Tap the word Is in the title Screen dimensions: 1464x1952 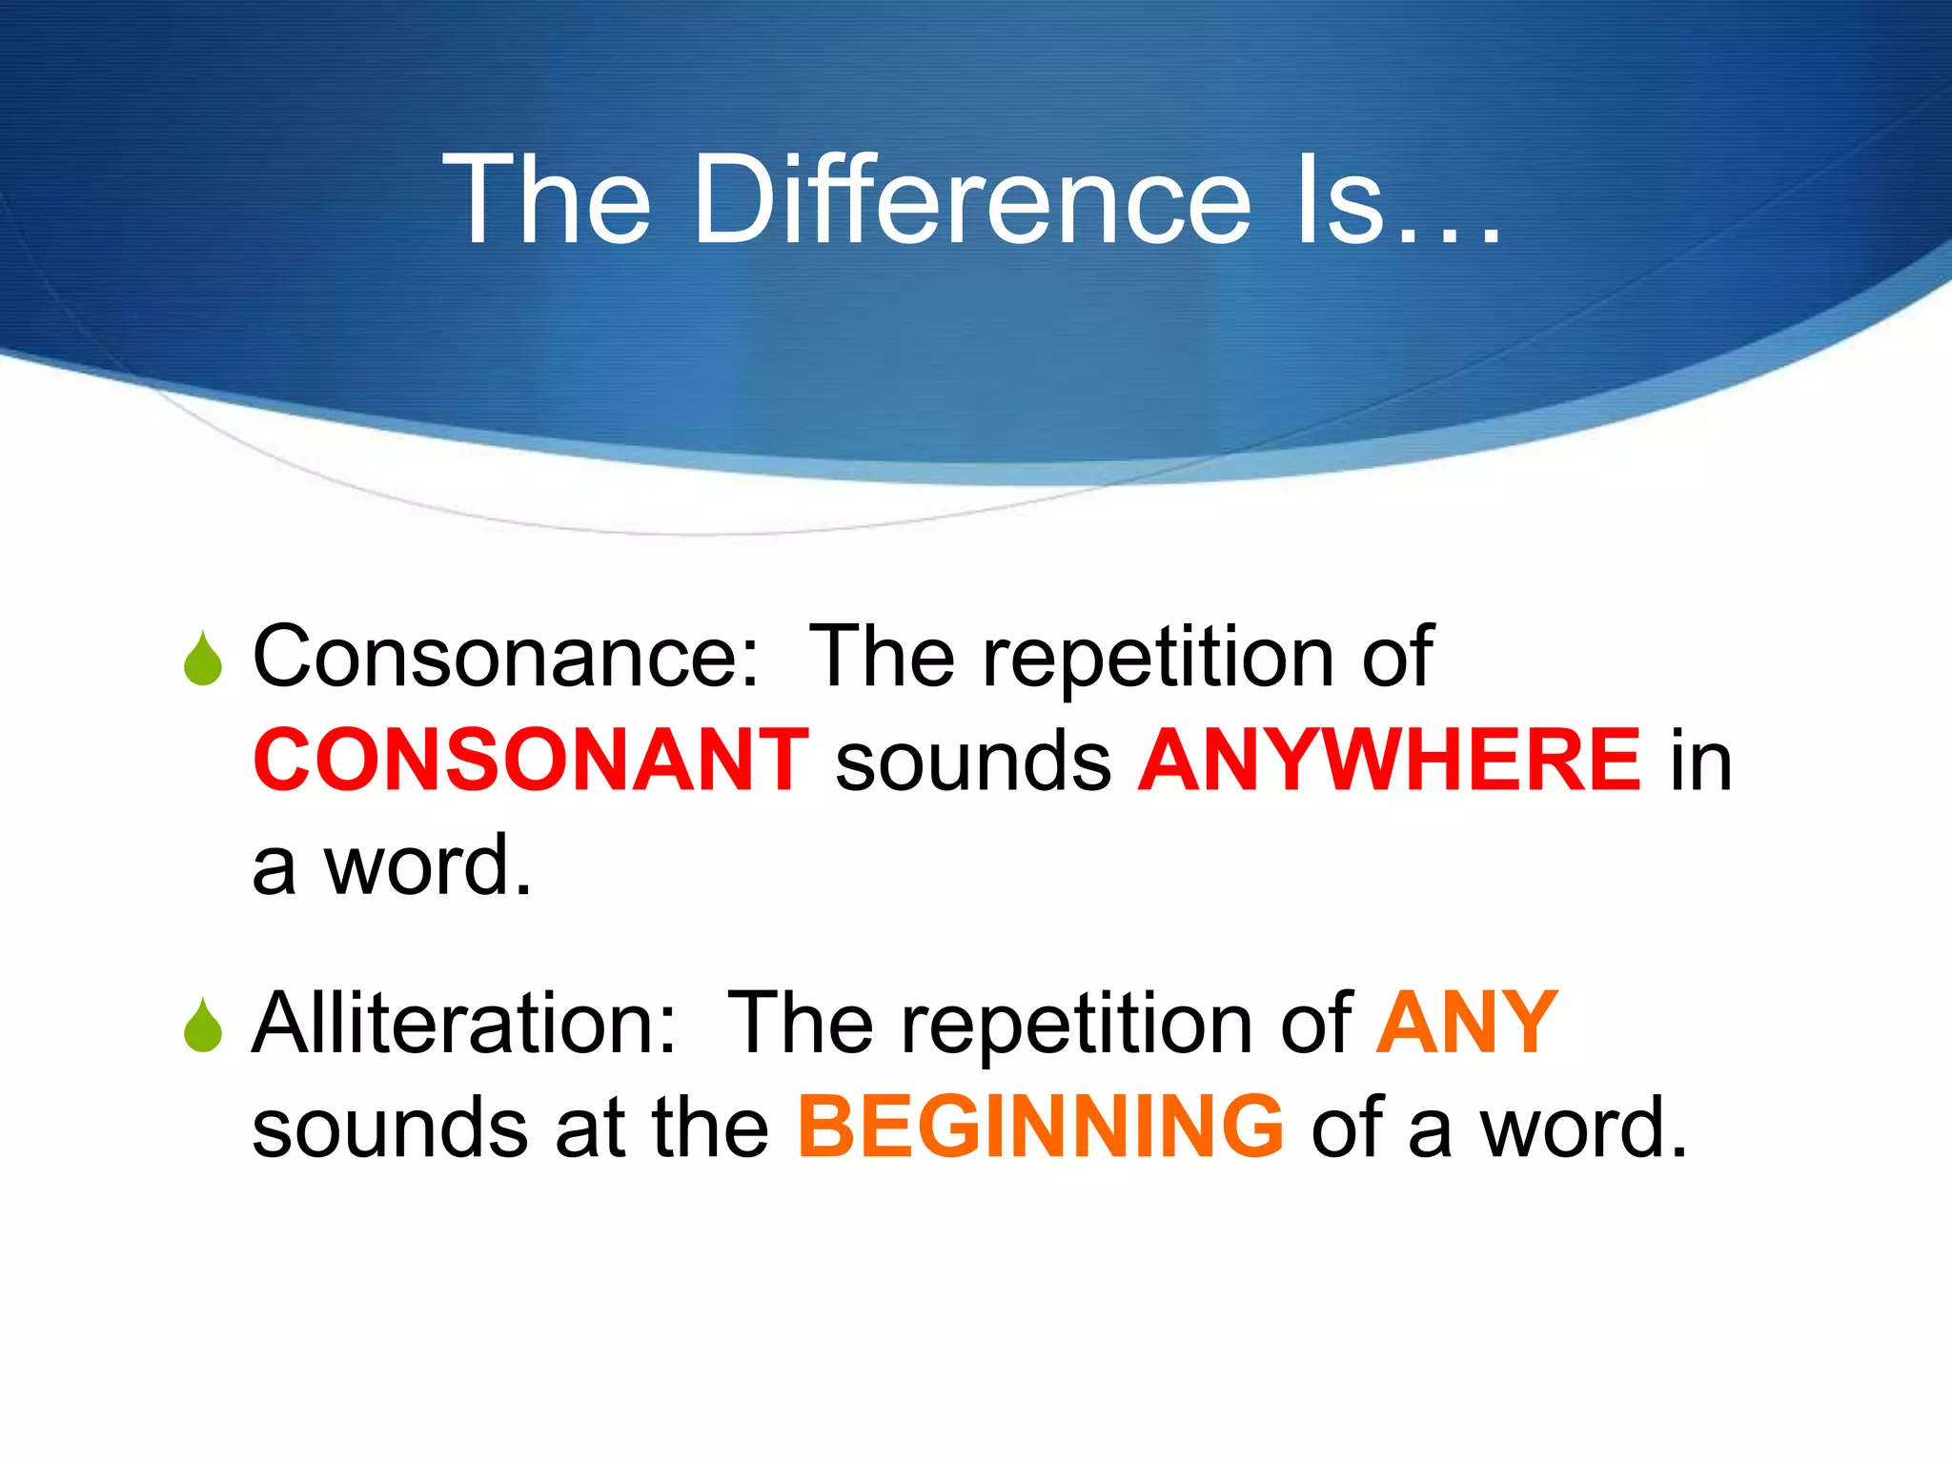click(x=1339, y=200)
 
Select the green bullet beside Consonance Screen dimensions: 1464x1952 click(x=203, y=660)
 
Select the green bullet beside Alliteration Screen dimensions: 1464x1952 click(x=203, y=1027)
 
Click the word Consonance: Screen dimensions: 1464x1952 click(x=506, y=657)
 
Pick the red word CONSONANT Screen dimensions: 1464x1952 click(x=531, y=761)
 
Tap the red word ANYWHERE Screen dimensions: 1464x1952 click(x=1390, y=761)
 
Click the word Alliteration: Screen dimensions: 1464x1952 click(x=464, y=1024)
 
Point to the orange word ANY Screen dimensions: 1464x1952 click(x=1467, y=1024)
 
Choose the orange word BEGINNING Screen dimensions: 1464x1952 click(x=1041, y=1128)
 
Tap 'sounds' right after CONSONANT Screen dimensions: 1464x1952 click(x=973, y=762)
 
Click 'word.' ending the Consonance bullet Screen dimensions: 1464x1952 click(x=428, y=865)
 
